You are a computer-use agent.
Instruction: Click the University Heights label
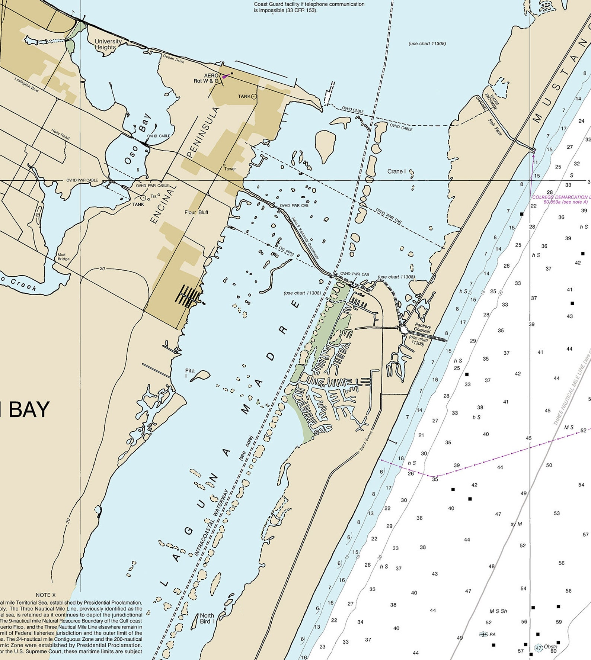pyautogui.click(x=108, y=44)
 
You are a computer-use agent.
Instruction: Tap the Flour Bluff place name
pyautogui.click(x=196, y=212)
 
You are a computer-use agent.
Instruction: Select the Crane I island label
pyautogui.click(x=396, y=171)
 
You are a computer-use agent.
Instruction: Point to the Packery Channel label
pyautogui.click(x=422, y=328)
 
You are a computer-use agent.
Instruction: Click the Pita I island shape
pyautogui.click(x=201, y=375)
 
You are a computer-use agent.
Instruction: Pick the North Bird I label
pyautogui.click(x=207, y=618)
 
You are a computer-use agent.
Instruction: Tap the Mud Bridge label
pyautogui.click(x=63, y=257)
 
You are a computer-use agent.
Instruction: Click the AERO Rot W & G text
pyautogui.click(x=207, y=78)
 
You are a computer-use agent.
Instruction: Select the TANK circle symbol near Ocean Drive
pyautogui.click(x=254, y=97)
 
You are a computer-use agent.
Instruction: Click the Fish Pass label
pyautogui.click(x=495, y=127)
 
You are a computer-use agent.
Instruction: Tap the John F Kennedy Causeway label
pyautogui.click(x=305, y=238)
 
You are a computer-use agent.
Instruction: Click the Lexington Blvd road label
pyautogui.click(x=26, y=85)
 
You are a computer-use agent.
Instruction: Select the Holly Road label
pyautogui.click(x=60, y=134)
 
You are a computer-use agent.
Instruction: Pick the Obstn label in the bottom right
pyautogui.click(x=550, y=647)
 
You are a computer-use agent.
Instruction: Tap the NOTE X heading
pyautogui.click(x=46, y=595)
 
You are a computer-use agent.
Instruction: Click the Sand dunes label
pyautogui.click(x=366, y=441)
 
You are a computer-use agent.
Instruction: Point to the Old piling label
pyautogui.click(x=286, y=251)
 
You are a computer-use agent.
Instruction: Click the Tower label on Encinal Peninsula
pyautogui.click(x=230, y=169)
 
